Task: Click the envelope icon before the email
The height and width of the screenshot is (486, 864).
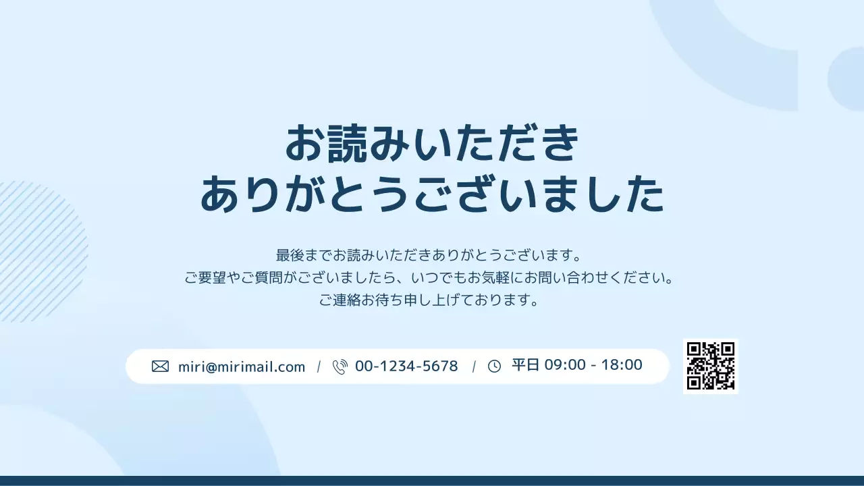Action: pos(160,367)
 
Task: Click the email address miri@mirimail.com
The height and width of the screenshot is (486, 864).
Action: pos(242,367)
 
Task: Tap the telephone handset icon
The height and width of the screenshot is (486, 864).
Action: pos(340,367)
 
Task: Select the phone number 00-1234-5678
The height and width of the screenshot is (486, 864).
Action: pos(406,366)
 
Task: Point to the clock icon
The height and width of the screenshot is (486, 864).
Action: pos(494,367)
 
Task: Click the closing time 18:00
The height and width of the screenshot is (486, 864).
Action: pos(622,365)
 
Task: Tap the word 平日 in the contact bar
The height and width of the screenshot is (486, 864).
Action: pos(526,365)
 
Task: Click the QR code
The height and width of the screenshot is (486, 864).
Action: pos(711,367)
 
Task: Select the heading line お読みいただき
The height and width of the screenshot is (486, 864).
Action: pos(432,143)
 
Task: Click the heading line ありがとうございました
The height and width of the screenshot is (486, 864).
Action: pos(432,194)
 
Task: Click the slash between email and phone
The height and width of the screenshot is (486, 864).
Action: pos(319,367)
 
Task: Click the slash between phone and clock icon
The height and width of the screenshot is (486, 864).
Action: pos(474,367)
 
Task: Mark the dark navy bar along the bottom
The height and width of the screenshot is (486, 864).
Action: pos(432,481)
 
